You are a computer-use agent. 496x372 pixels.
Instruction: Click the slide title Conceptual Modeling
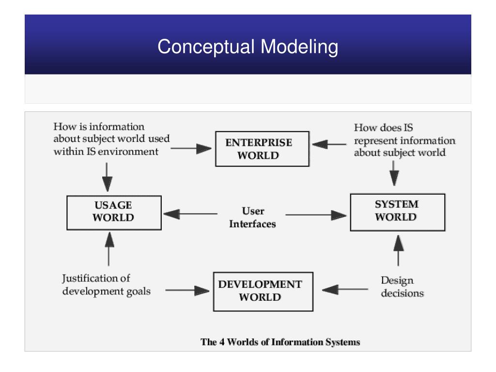pyautogui.click(x=248, y=47)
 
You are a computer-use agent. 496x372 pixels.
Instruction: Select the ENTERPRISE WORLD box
pyautogui.click(x=262, y=149)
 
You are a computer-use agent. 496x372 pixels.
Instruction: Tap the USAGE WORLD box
pyautogui.click(x=114, y=213)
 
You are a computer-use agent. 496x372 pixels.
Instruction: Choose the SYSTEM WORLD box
pyautogui.click(x=398, y=212)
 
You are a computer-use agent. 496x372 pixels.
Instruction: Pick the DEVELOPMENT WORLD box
pyautogui.click(x=263, y=291)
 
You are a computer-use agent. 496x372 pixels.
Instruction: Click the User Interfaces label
pyautogui.click(x=252, y=217)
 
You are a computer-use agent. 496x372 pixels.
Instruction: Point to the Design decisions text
pyautogui.click(x=402, y=287)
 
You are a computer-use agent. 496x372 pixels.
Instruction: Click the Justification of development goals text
pyautogui.click(x=106, y=285)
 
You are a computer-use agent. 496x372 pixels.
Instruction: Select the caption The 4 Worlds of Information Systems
pyautogui.click(x=280, y=342)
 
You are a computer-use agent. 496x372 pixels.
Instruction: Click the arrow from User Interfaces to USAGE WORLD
pyautogui.click(x=190, y=214)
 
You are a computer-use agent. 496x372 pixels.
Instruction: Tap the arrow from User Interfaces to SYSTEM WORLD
pyautogui.click(x=316, y=215)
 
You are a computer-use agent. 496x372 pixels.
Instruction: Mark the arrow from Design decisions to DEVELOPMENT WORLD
pyautogui.click(x=345, y=289)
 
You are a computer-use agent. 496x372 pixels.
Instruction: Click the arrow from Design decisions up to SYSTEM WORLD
pyautogui.click(x=398, y=250)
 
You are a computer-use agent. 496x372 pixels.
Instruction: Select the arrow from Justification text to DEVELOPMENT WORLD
pyautogui.click(x=187, y=290)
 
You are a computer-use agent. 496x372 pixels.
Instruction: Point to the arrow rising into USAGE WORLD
pyautogui.click(x=109, y=249)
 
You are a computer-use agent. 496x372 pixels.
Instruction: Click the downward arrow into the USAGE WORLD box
pyautogui.click(x=107, y=177)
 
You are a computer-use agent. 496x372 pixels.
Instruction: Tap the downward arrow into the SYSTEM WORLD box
pyautogui.click(x=394, y=173)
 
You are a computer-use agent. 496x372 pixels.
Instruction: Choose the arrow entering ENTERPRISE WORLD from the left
pyautogui.click(x=191, y=148)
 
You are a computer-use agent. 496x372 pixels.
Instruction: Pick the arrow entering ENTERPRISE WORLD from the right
pyautogui.click(x=329, y=144)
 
